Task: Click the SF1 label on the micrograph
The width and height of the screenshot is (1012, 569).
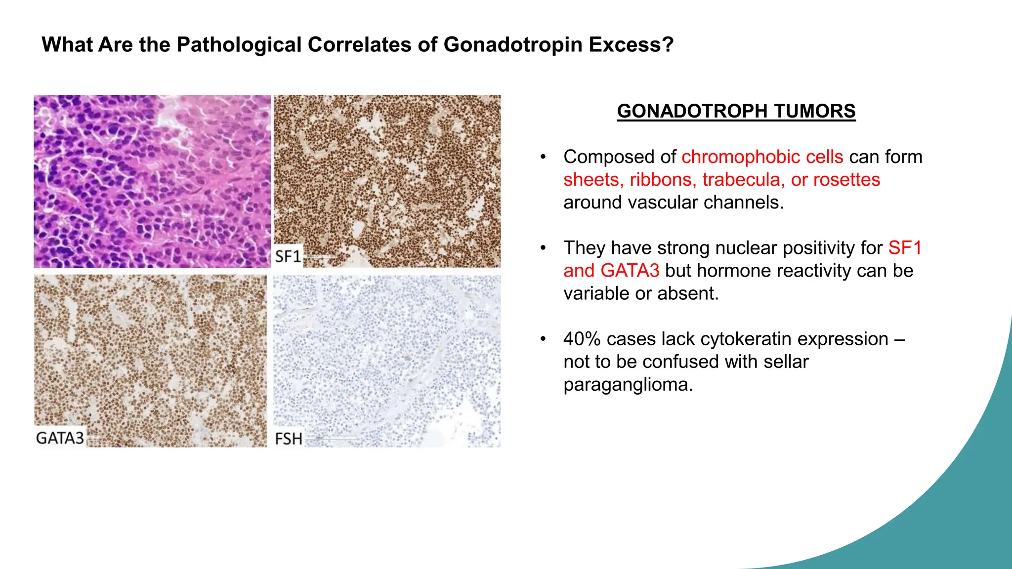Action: click(288, 256)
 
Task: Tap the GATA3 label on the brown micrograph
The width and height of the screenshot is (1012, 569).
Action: click(60, 438)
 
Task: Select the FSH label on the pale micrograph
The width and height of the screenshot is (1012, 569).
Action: click(288, 439)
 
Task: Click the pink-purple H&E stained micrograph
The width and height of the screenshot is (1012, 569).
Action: click(152, 181)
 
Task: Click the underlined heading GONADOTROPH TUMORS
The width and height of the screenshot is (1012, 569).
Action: click(736, 111)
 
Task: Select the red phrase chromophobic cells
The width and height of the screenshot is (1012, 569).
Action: click(762, 157)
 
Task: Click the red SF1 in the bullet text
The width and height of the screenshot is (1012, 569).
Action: click(904, 248)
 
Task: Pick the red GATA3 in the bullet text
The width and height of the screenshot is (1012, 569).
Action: click(630, 271)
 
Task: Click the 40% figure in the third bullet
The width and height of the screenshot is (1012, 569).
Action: click(582, 339)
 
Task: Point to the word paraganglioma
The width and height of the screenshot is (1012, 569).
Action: click(628, 385)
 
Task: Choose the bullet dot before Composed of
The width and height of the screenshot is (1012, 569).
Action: click(543, 157)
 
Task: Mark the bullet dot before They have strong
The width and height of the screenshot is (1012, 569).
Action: click(543, 248)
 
